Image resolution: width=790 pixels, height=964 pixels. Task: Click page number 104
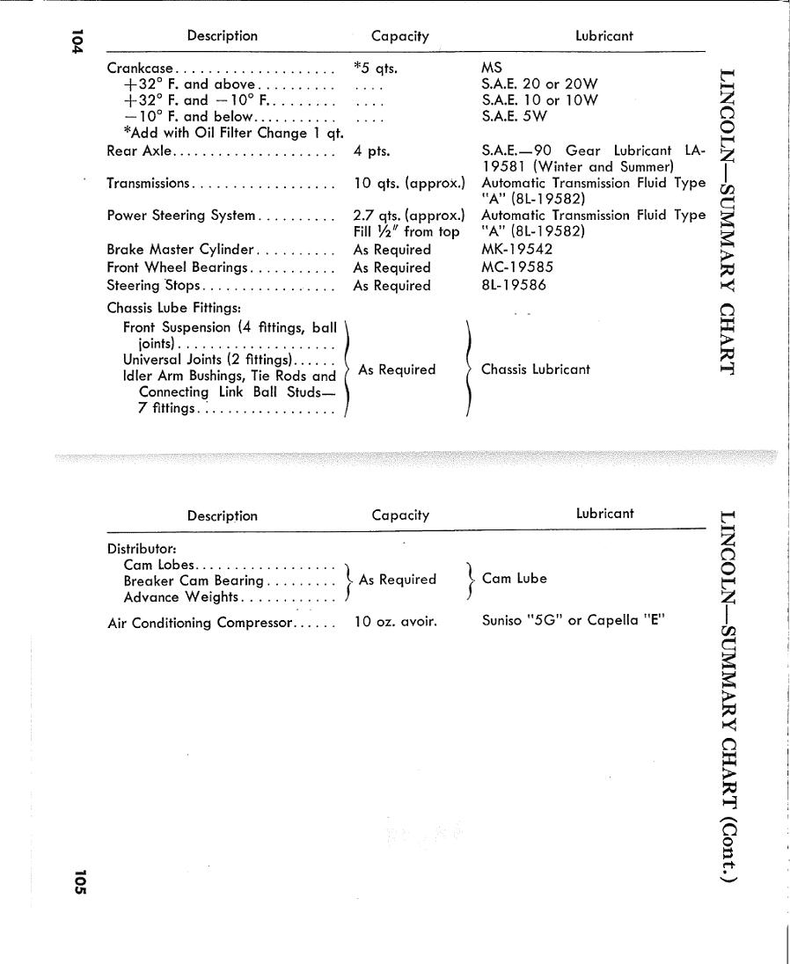coord(77,42)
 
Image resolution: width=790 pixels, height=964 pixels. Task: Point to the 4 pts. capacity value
coord(371,151)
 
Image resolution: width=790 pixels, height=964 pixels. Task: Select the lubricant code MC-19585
coord(517,267)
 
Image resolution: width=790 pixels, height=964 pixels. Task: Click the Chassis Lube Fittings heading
coord(174,308)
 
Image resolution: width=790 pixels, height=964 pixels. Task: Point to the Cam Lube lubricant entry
coord(515,579)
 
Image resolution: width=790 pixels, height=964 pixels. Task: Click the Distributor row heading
coord(142,549)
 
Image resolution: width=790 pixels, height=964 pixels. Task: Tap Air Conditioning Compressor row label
coord(199,623)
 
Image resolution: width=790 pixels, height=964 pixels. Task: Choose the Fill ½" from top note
coord(406,232)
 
